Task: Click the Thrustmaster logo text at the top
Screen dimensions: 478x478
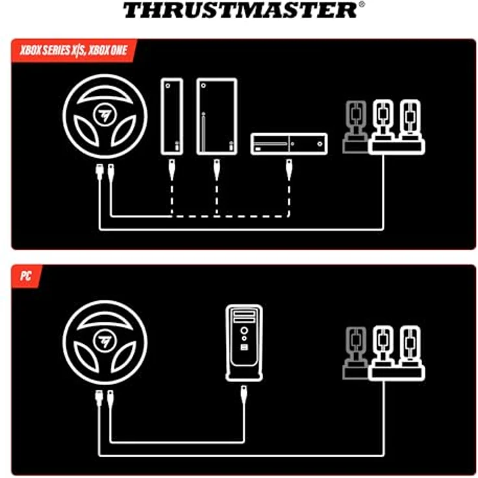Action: pyautogui.click(x=239, y=10)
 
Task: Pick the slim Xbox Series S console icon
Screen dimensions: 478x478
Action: pyautogui.click(x=171, y=116)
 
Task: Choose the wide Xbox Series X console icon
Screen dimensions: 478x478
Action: pyautogui.click(x=216, y=116)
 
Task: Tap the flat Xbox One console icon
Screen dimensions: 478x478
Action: pyautogui.click(x=289, y=144)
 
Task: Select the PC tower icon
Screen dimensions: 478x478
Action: pyautogui.click(x=244, y=342)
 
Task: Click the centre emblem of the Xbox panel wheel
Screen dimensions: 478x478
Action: pyautogui.click(x=105, y=115)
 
